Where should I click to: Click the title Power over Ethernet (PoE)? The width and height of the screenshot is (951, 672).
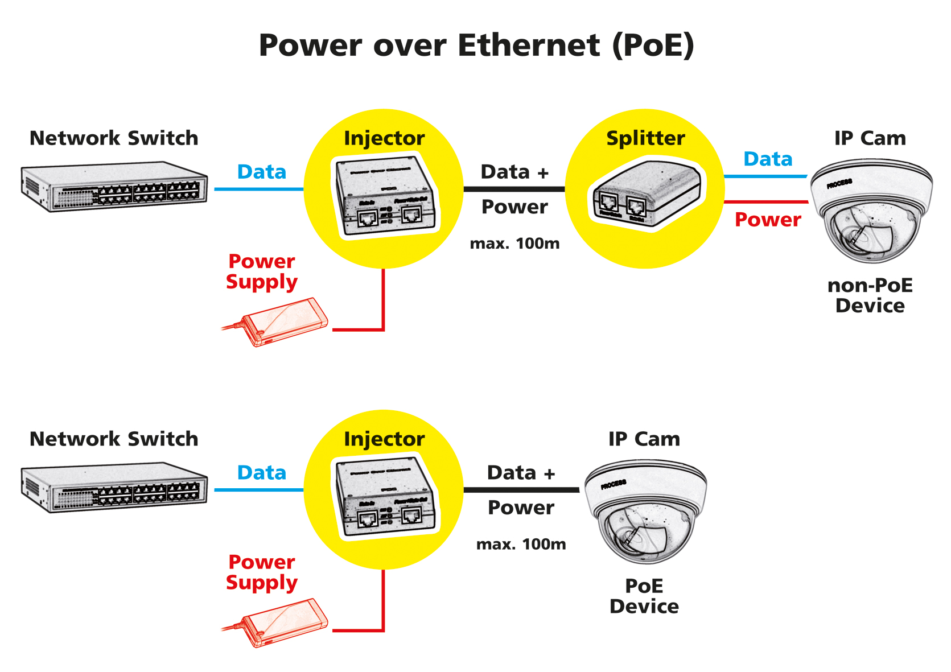tap(476, 46)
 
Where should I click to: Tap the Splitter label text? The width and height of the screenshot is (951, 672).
tap(645, 138)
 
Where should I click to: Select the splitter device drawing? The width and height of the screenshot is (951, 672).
tap(647, 194)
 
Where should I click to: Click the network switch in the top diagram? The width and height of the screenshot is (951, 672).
tap(114, 187)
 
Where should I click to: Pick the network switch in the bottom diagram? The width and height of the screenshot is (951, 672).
tap(114, 487)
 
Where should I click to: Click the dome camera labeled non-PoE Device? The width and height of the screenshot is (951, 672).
tap(871, 211)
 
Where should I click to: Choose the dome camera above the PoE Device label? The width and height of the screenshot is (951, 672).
tap(646, 511)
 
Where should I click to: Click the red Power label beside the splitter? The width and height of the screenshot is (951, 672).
tap(768, 220)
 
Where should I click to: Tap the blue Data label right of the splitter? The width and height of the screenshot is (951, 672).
tap(768, 159)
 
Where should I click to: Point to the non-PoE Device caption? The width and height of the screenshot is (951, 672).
tap(870, 295)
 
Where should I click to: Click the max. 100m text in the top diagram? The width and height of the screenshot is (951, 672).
tap(514, 244)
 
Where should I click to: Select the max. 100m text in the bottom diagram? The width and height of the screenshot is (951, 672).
tap(521, 545)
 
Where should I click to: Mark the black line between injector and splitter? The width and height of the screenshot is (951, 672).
tap(514, 189)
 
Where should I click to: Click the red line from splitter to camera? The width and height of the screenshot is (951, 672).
tap(766, 202)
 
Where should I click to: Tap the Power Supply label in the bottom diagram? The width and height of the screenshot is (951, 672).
tap(261, 572)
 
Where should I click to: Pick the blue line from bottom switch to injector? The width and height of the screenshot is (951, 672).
tap(259, 489)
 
